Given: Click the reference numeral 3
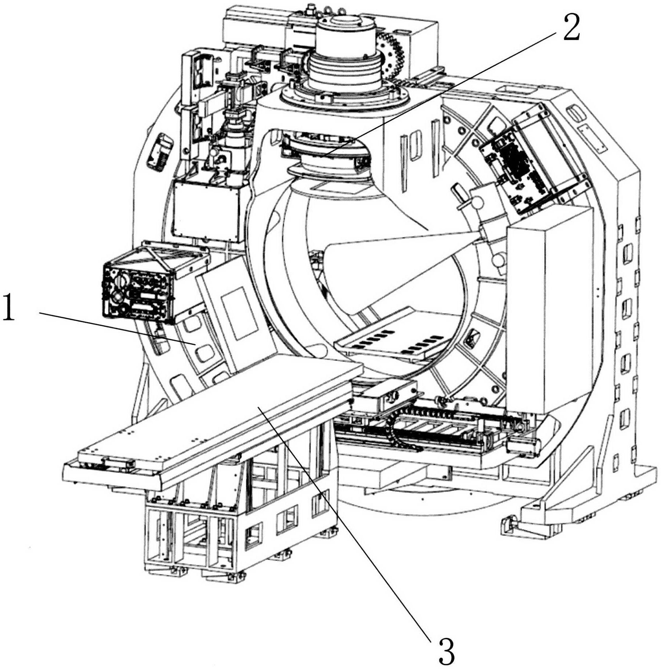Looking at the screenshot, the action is pos(447,649).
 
